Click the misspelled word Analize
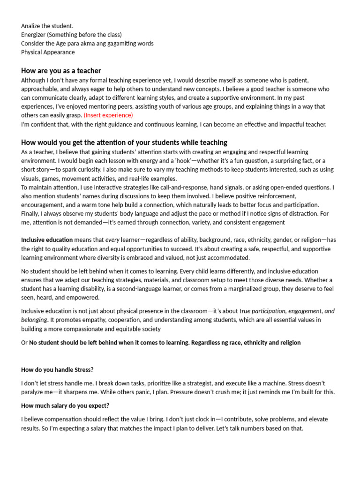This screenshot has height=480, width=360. point(31,26)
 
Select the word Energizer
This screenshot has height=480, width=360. point(36,35)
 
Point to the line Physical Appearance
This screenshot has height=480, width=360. point(48,52)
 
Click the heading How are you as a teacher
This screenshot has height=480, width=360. point(61,71)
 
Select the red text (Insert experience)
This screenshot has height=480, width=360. point(108,115)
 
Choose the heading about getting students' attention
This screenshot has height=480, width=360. point(124,142)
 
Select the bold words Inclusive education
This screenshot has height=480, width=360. point(47,240)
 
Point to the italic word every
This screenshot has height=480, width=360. point(112,240)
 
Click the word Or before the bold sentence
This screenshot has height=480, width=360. point(24,343)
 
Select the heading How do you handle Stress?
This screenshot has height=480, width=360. point(57,370)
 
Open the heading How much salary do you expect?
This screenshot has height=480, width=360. point(65,405)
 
